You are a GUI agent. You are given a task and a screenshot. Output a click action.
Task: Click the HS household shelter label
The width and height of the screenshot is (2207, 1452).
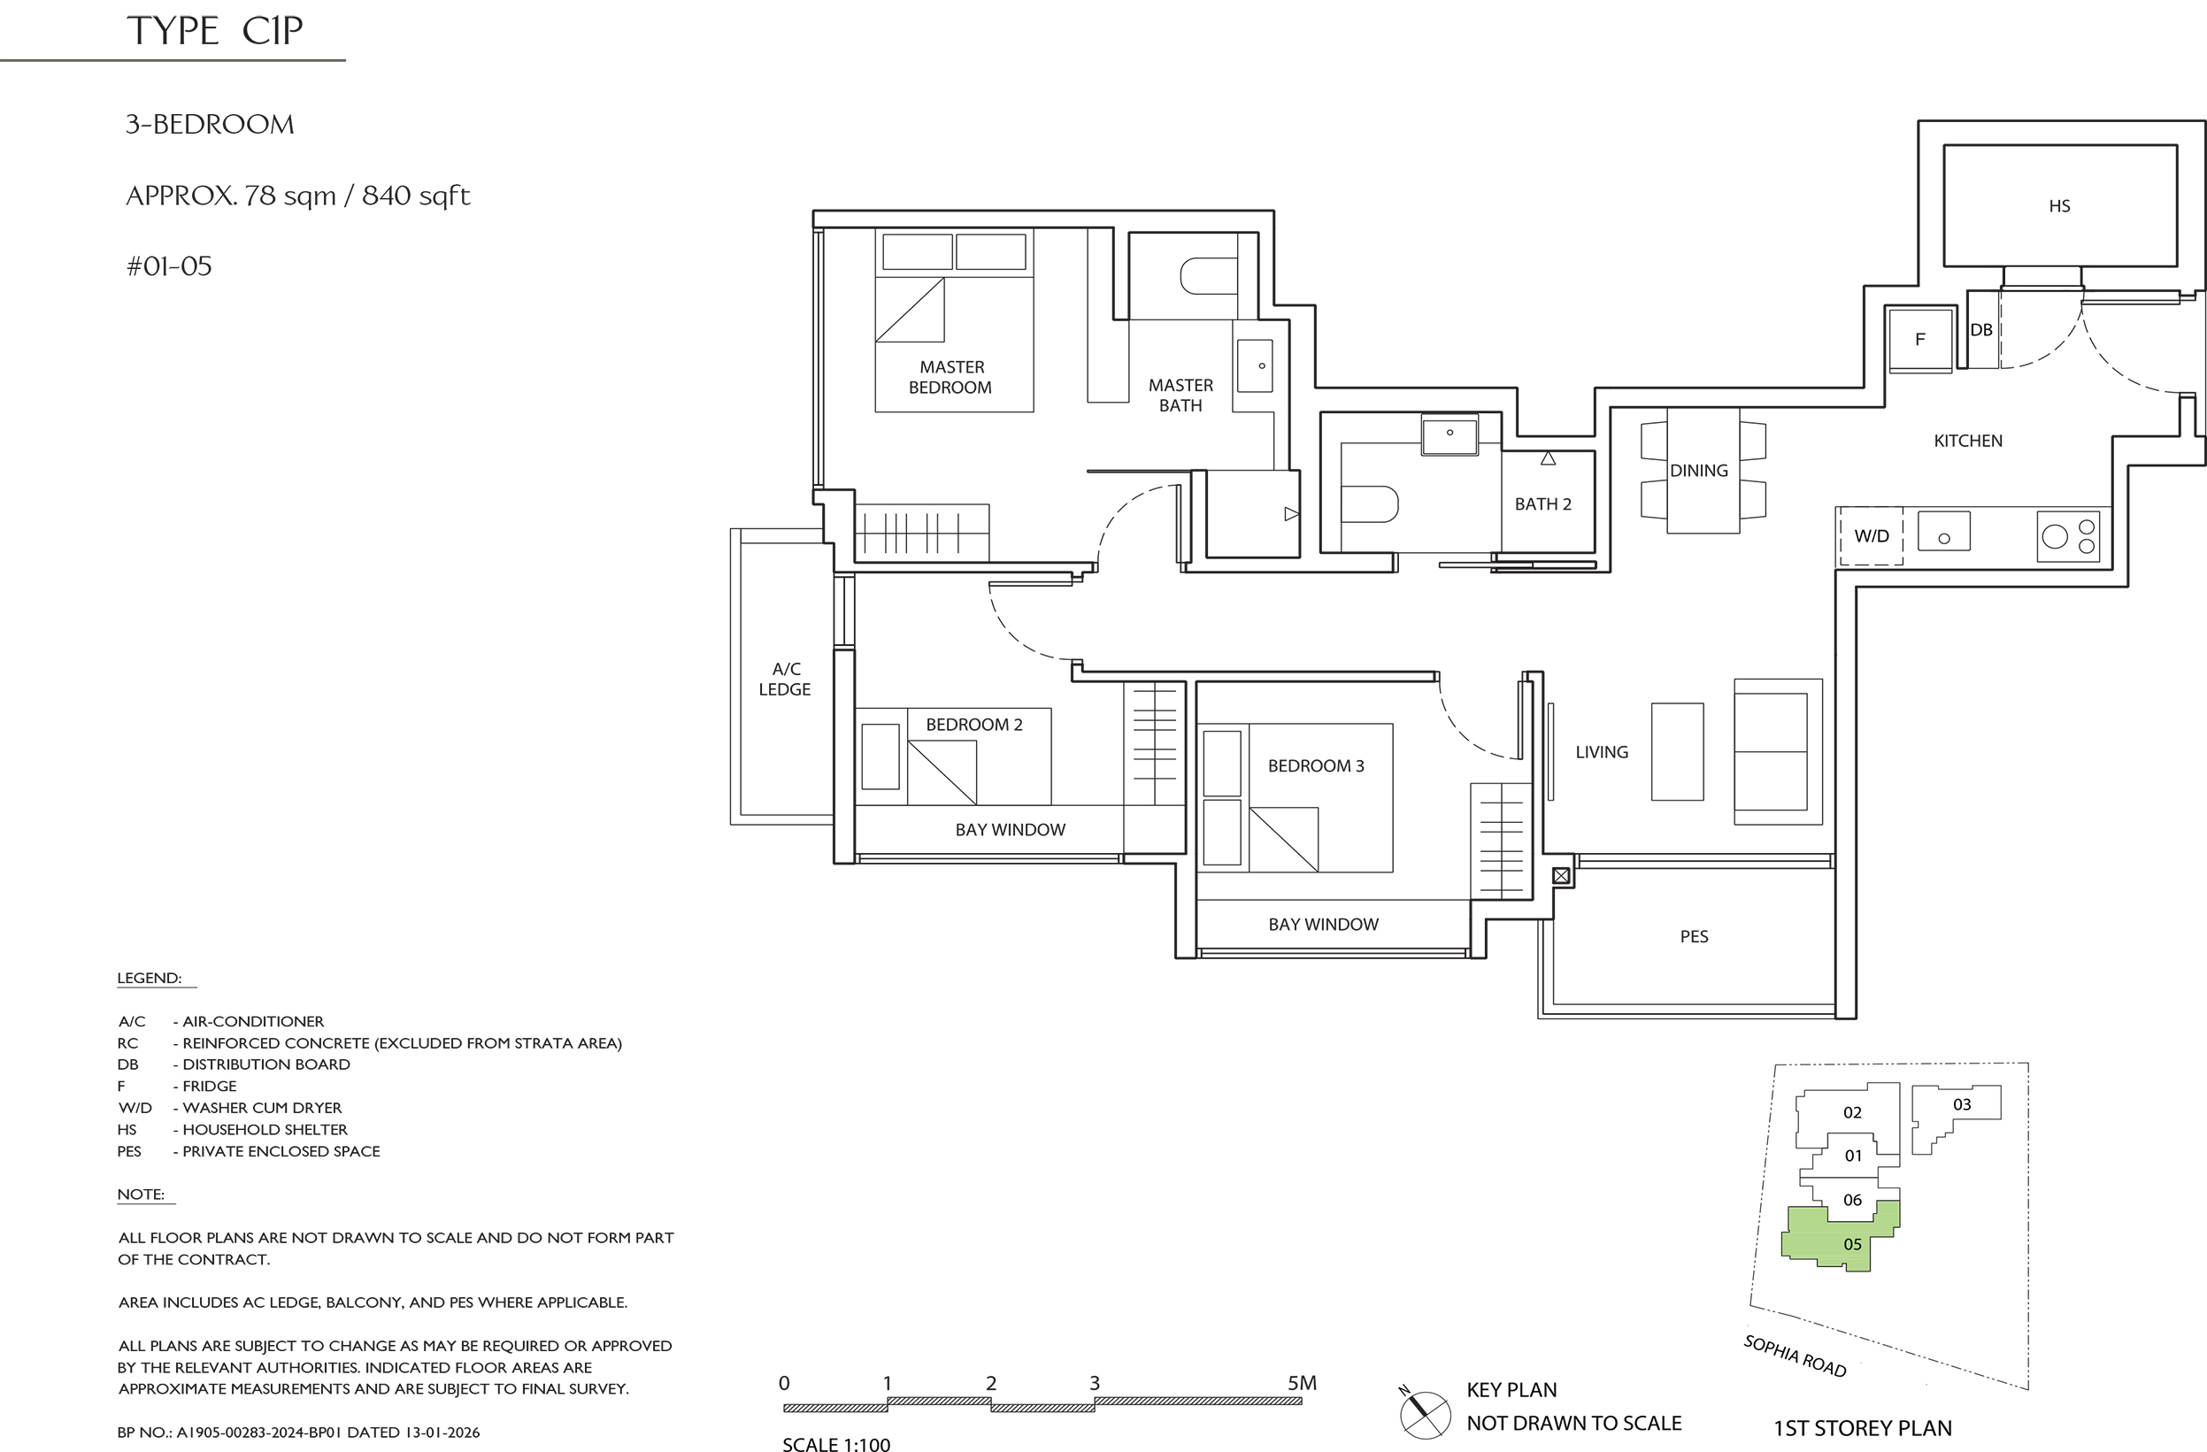point(2058,206)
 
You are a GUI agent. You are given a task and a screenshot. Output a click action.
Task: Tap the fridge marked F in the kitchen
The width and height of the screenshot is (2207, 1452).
point(1919,340)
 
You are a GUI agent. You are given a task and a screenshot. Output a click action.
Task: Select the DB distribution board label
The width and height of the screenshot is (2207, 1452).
point(1980,330)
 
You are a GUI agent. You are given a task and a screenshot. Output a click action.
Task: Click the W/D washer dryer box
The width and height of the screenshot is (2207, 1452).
point(1872,536)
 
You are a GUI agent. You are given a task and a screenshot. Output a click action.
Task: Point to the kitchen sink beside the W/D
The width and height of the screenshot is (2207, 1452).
point(1943,531)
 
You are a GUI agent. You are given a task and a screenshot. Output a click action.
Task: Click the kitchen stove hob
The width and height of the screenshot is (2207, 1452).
point(2068,536)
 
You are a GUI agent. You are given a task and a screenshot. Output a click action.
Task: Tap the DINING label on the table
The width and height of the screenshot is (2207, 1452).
point(1699,470)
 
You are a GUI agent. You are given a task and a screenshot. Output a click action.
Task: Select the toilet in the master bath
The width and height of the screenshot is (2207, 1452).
point(1208,275)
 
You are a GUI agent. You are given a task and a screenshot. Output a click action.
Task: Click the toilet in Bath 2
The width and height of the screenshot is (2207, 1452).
point(1370,504)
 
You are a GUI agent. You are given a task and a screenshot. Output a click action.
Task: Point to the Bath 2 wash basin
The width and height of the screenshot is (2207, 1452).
point(1450,434)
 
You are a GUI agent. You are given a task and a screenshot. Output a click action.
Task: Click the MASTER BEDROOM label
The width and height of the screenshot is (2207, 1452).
point(950,377)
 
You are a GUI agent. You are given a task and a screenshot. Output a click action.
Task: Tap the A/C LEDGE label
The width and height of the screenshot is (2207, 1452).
point(785,679)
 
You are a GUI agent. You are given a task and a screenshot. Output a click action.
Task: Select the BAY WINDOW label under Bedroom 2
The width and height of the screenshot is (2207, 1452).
point(1010,830)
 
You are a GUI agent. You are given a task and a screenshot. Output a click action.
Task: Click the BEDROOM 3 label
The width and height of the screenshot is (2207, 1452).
point(1316,766)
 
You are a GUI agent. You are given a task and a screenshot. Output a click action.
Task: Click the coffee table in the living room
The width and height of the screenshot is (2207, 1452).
point(1678,752)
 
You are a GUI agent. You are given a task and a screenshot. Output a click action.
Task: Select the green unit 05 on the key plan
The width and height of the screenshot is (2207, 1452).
point(1840,1237)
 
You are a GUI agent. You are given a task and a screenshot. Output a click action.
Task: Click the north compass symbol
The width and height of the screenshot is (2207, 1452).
point(1425,1415)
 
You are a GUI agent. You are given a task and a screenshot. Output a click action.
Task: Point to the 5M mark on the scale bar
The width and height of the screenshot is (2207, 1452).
point(1302,1382)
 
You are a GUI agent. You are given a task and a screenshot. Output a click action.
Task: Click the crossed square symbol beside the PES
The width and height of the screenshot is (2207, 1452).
point(1562,875)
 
